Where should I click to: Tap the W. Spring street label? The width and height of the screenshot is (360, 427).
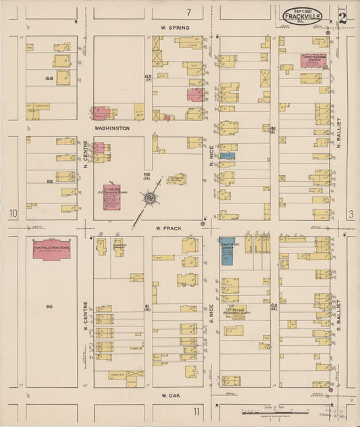[175, 28]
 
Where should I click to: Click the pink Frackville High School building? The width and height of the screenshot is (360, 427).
[51, 249]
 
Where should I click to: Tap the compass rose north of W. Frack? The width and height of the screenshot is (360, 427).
[149, 198]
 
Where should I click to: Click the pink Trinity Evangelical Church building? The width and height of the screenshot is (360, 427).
[314, 61]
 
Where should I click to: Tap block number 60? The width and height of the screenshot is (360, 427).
[49, 307]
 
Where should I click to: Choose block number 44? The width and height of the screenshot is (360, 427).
[48, 78]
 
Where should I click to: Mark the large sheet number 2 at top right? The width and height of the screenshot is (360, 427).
[342, 17]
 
